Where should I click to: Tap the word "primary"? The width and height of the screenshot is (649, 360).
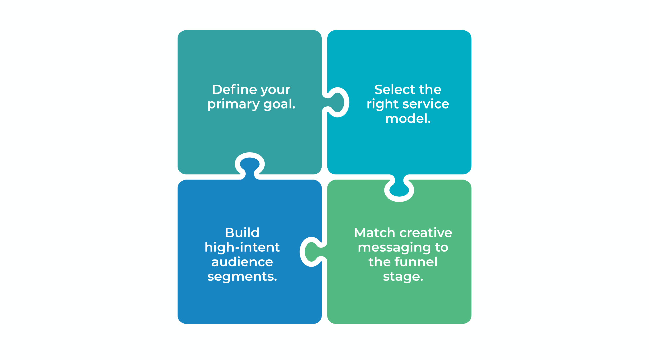(233, 104)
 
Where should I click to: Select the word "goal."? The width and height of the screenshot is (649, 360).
(279, 104)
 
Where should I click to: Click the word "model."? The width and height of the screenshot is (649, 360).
(408, 119)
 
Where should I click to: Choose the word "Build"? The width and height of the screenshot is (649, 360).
(242, 232)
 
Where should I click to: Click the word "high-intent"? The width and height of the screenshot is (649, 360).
(242, 247)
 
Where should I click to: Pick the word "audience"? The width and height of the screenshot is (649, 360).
(242, 262)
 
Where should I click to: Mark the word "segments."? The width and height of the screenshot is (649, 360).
(242, 277)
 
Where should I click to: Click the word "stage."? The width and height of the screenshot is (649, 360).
(403, 277)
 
